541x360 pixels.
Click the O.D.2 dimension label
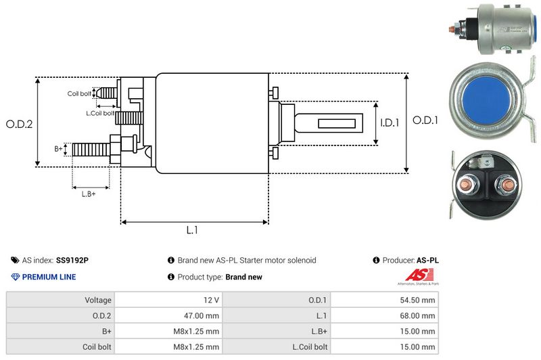(20, 124)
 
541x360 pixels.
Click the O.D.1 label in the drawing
(425, 120)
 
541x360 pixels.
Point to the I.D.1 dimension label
(390, 123)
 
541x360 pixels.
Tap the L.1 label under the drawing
(192, 230)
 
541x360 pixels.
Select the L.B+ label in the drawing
(89, 195)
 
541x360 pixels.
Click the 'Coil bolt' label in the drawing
(79, 93)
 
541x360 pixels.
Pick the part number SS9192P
(72, 260)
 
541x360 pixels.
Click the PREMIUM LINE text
(49, 277)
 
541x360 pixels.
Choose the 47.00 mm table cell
(202, 315)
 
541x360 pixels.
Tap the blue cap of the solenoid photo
(488, 100)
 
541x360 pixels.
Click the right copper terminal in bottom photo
(504, 184)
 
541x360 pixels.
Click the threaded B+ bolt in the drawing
(91, 149)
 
